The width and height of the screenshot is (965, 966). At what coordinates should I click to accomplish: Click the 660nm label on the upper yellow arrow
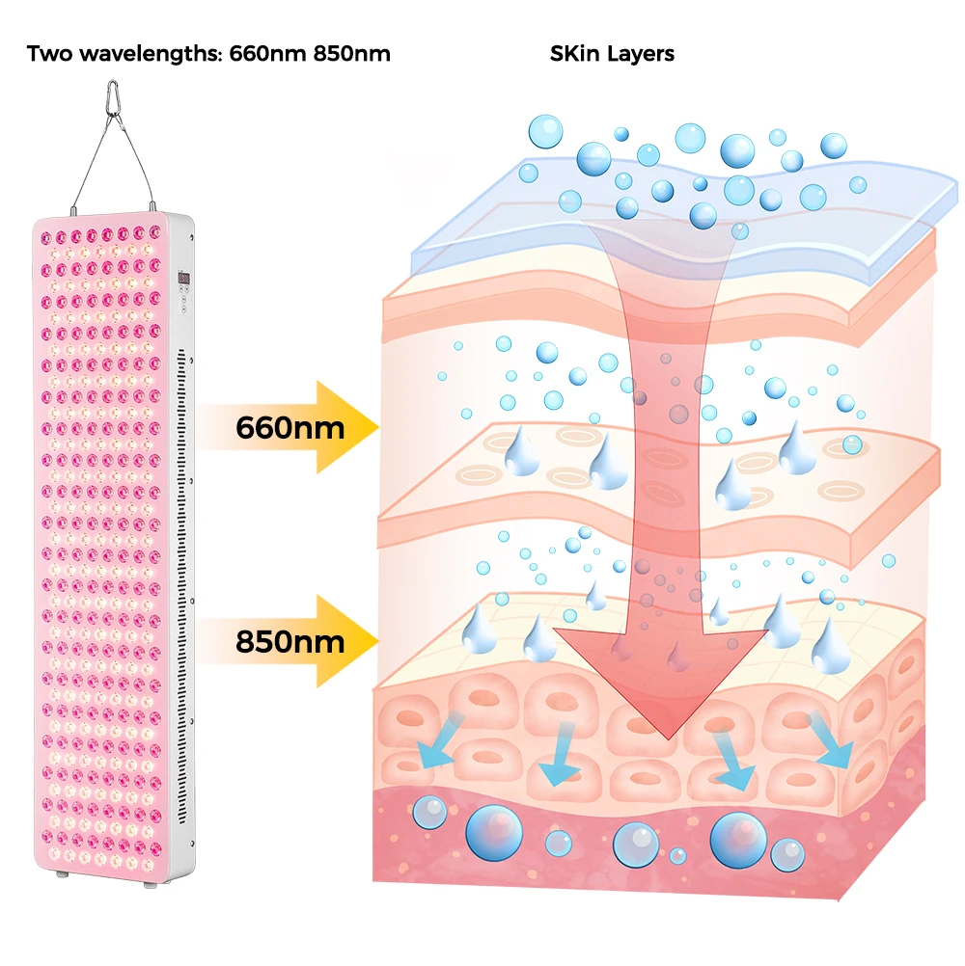289,427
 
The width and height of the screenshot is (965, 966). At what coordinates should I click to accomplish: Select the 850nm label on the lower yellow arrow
289,641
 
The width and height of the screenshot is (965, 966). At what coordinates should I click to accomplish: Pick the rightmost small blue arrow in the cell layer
830,742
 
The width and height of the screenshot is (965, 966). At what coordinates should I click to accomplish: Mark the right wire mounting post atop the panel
152,205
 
